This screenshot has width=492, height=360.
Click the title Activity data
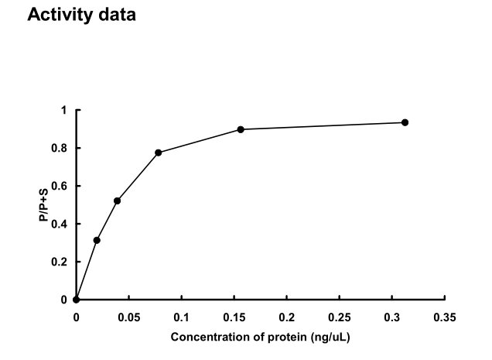tap(81, 15)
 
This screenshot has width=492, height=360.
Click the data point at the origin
tap(76, 300)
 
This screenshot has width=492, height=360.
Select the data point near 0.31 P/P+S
tap(97, 240)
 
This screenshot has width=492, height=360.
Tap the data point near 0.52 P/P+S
tap(117, 201)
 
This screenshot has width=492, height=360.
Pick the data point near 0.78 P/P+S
tap(159, 153)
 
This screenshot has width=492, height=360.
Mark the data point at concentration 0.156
tap(241, 129)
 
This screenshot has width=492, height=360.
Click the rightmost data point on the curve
tap(405, 122)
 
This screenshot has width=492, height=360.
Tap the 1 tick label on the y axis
tap(64, 110)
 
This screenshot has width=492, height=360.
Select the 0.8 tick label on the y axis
tap(61, 148)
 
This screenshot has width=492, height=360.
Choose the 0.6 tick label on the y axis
tap(61, 186)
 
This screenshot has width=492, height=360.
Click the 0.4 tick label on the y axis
tap(61, 224)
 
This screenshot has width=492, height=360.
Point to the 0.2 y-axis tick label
tap(61, 262)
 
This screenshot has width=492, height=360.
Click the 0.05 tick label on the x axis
tap(128, 317)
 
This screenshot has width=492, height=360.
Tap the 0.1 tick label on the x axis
tap(181, 317)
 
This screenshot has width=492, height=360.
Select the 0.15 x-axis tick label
tap(234, 317)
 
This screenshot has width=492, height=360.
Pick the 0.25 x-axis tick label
tap(339, 317)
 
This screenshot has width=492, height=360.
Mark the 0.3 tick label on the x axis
tap(392, 317)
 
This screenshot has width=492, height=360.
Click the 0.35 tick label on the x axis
tap(445, 317)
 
